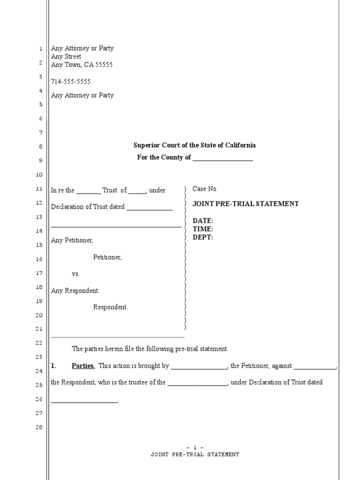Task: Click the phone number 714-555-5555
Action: (x=71, y=82)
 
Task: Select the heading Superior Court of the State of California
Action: (x=195, y=145)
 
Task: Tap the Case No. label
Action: (x=205, y=189)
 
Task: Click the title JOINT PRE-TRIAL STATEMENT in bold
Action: (x=246, y=204)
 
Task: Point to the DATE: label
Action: (x=203, y=221)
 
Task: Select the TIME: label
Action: (x=203, y=229)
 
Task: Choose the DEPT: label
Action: (x=203, y=237)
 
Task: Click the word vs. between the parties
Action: (x=76, y=274)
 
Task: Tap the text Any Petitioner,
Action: (x=72, y=240)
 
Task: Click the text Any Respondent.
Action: (x=75, y=291)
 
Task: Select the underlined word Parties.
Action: (x=83, y=366)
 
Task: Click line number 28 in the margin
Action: (x=39, y=427)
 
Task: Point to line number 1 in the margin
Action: (x=41, y=49)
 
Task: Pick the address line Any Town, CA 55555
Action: (x=82, y=65)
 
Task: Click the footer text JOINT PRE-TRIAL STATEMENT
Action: (x=195, y=455)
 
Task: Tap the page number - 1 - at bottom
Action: (x=195, y=448)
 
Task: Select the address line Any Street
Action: (x=66, y=57)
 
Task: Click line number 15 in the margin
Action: (x=39, y=245)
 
